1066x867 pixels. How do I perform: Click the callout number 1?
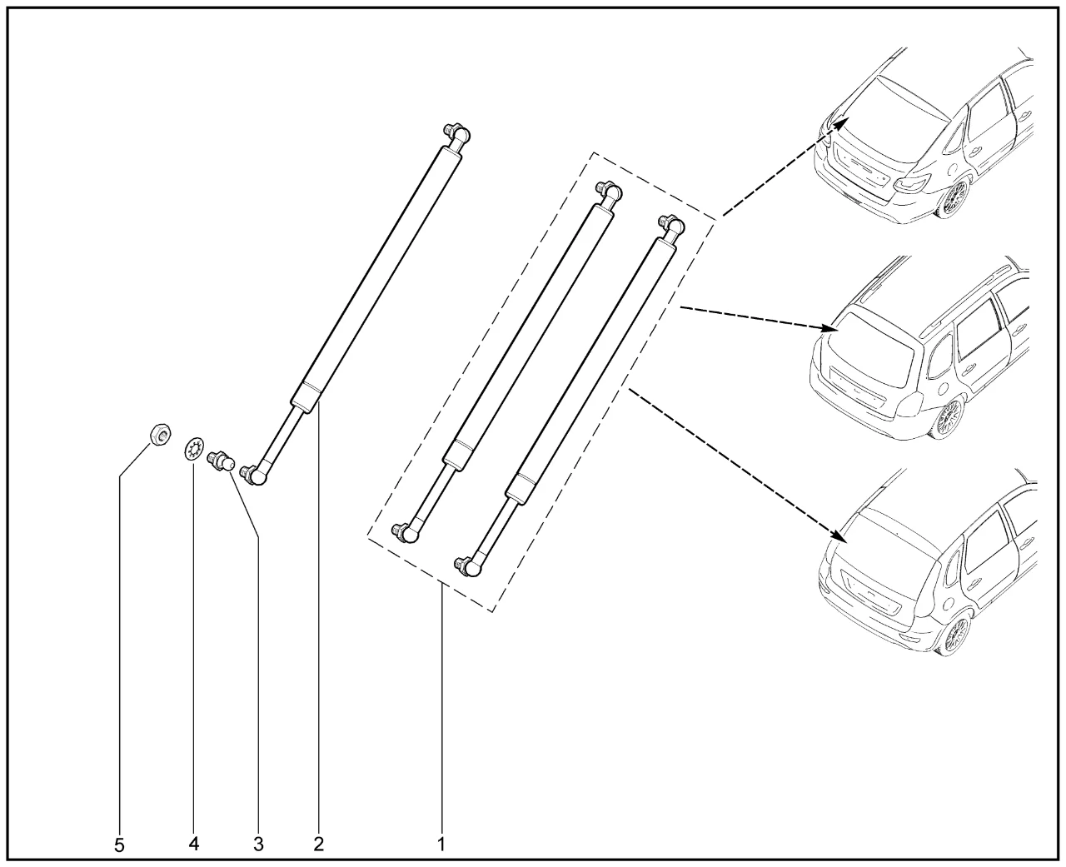(x=441, y=845)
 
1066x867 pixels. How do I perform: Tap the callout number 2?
(x=319, y=845)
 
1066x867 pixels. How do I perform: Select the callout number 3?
(x=258, y=845)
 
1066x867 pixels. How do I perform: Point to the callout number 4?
(x=194, y=844)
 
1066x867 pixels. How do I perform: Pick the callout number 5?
(x=119, y=845)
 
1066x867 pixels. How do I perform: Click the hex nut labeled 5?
(x=162, y=433)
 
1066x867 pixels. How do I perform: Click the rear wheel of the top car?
(x=953, y=200)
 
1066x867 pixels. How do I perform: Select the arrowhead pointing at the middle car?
(x=829, y=328)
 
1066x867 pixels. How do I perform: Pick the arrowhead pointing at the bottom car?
(x=837, y=536)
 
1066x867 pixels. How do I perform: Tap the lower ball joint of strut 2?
(x=254, y=476)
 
